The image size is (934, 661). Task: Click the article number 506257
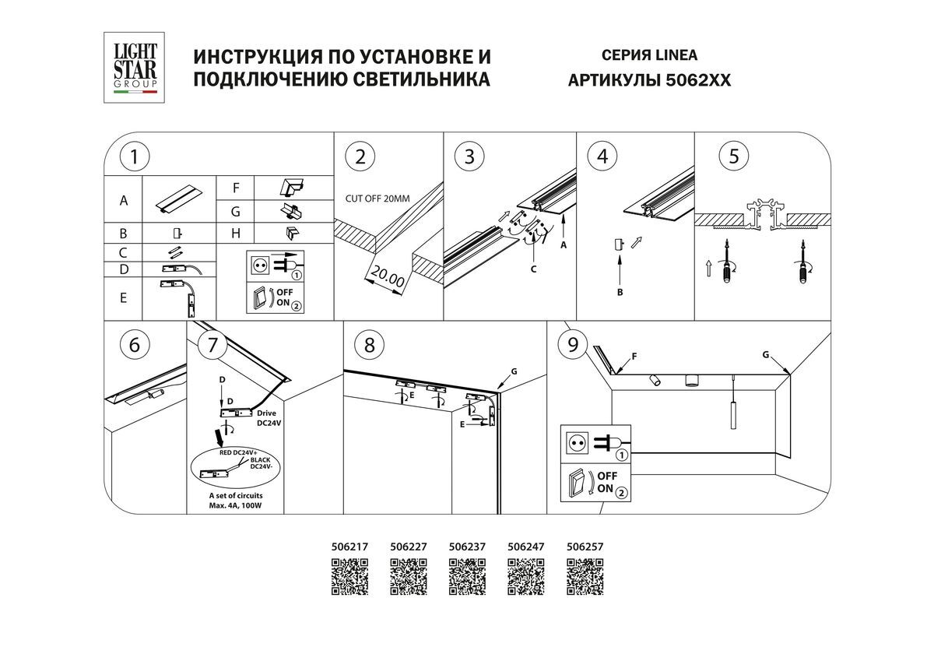(585, 547)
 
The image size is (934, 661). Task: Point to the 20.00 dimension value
(387, 277)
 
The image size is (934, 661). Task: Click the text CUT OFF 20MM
(377, 199)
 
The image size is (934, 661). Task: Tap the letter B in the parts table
(123, 233)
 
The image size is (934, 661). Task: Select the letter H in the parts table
(235, 233)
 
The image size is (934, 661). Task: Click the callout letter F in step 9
(634, 357)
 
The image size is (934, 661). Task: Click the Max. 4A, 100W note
(236, 505)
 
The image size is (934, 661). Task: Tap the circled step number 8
(369, 344)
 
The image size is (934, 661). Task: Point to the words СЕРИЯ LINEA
(649, 55)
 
